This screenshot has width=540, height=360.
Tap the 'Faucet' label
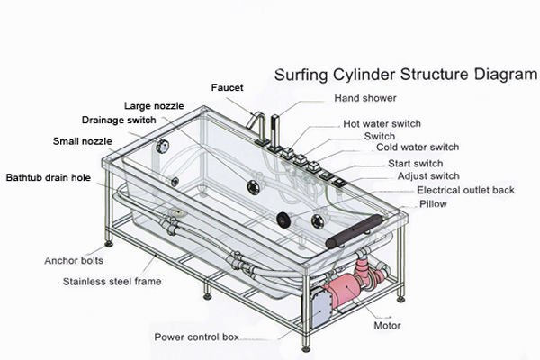tap(227, 87)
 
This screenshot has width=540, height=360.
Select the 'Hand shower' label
tap(365, 97)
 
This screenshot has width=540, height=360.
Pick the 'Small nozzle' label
tap(84, 141)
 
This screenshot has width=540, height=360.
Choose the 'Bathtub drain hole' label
tap(49, 177)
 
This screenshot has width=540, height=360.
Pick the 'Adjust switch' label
tap(428, 176)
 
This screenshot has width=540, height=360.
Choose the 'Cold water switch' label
tap(418, 148)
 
